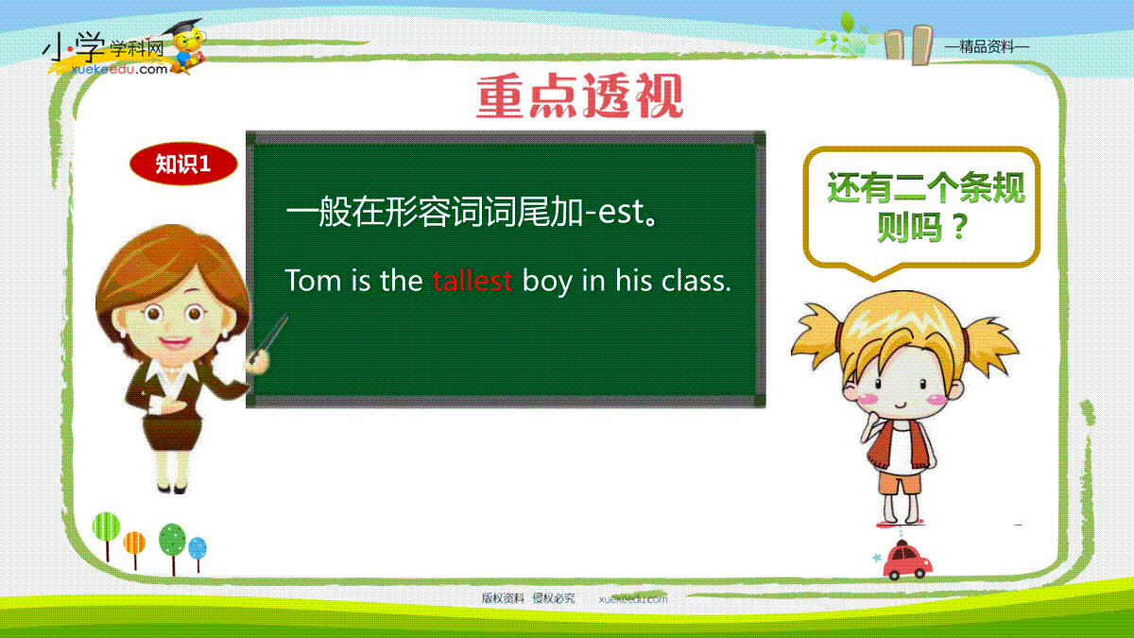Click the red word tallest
(472, 280)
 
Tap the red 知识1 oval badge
(183, 164)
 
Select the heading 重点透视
(580, 95)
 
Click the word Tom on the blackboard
(313, 280)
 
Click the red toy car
(907, 560)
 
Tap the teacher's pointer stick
(268, 337)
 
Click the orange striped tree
(134, 549)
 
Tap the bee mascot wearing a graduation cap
(187, 46)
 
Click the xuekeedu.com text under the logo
(119, 69)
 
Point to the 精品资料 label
(987, 47)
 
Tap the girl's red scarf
(900, 445)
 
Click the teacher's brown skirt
(172, 432)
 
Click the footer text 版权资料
(503, 598)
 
